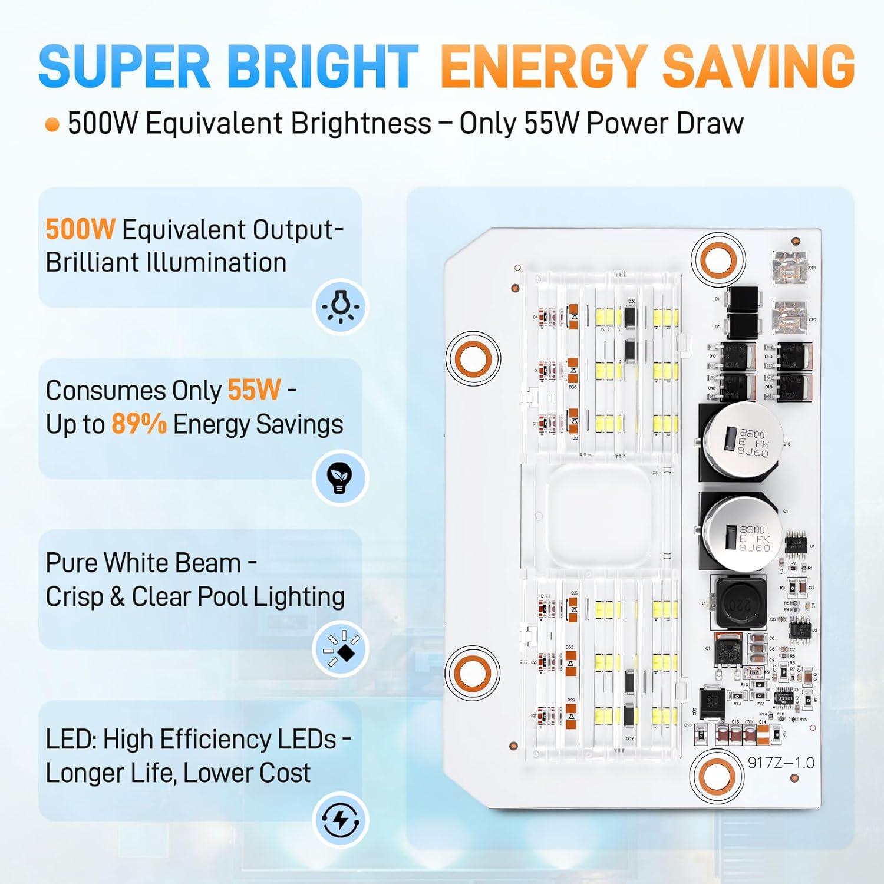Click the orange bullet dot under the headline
click(52, 124)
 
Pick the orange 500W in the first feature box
click(80, 229)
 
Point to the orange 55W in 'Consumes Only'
click(254, 390)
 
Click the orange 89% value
click(139, 424)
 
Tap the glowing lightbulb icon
click(340, 306)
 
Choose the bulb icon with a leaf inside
click(340, 477)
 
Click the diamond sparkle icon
click(341, 648)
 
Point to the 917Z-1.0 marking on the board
click(781, 763)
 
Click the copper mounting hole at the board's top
click(718, 260)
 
